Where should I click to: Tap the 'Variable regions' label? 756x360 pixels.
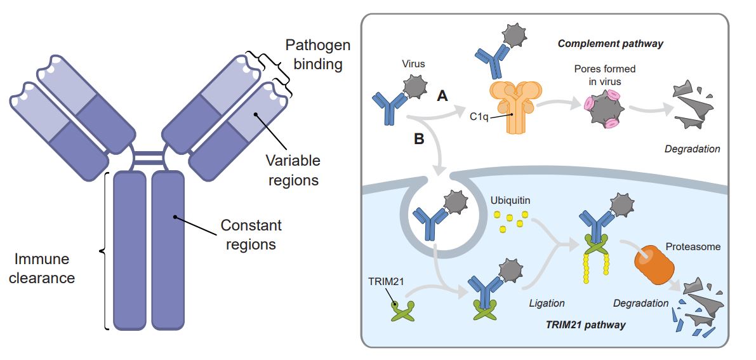pos(293,171)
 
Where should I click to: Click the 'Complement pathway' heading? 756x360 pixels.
pos(610,44)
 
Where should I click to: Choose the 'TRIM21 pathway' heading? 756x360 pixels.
pos(585,325)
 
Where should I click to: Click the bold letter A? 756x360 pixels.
pos(443,97)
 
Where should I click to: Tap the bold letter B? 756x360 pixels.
pos(419,139)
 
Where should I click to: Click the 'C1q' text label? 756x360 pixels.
pos(478,117)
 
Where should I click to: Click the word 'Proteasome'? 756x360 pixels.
pos(693,246)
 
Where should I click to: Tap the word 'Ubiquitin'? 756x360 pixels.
pos(510,200)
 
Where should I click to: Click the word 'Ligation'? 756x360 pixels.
pos(547,303)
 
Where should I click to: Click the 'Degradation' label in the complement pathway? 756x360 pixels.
pos(692,149)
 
